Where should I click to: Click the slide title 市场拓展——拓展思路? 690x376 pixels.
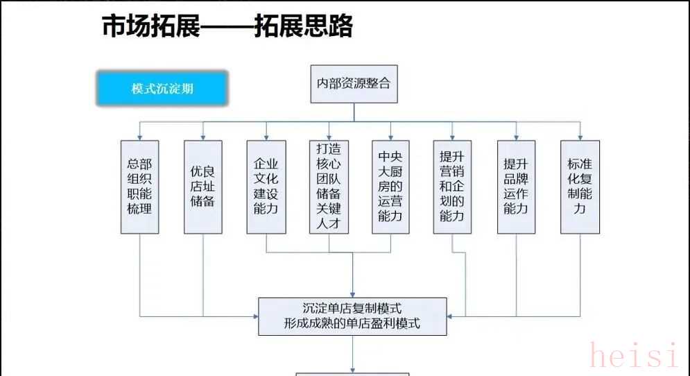227,26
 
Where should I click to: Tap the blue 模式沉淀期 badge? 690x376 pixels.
162,89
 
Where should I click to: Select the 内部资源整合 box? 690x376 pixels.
354,84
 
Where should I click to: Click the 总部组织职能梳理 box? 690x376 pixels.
139,186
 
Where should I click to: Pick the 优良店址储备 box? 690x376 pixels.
202,186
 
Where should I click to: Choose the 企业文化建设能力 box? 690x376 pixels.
266,186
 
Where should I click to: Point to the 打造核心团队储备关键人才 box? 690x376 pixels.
329,186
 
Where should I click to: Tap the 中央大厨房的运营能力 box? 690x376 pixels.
390,186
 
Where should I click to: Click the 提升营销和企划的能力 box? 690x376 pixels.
452,186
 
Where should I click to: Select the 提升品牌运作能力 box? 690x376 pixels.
516,186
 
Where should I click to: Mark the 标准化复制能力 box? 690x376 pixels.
580,186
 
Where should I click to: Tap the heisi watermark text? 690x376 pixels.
633,355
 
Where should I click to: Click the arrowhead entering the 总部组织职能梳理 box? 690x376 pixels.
139,137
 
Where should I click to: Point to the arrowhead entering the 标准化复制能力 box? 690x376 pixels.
580,137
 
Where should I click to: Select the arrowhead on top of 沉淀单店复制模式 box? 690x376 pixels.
353,294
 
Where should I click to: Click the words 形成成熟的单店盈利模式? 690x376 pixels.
352,323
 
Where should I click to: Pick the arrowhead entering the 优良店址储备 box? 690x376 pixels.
202,137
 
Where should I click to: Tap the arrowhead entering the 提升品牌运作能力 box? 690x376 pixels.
516,137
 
